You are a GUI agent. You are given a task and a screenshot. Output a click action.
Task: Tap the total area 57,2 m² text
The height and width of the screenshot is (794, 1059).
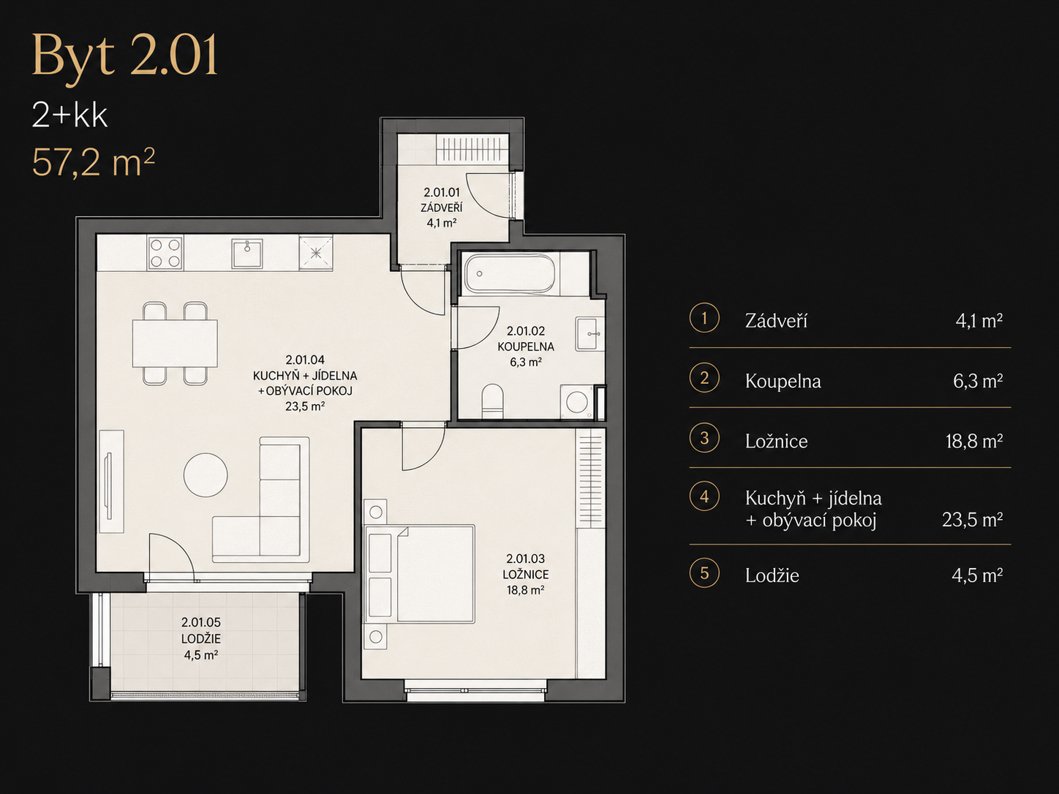point(93,162)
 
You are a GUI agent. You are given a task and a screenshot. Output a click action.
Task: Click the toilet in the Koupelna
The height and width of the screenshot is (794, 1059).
point(493,401)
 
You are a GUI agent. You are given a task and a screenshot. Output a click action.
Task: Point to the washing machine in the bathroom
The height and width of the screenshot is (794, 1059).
point(576,401)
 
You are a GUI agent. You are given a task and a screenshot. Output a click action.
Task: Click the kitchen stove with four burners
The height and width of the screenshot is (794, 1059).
point(165,252)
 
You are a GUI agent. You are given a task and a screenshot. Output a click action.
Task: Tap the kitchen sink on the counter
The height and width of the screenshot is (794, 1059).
point(247,253)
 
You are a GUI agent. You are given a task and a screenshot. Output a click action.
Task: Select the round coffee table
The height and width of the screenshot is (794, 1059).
point(206,474)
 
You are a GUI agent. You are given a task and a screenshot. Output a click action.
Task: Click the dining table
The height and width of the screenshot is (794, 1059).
point(175,343)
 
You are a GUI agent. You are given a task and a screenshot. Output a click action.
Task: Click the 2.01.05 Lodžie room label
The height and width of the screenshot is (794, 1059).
point(201,638)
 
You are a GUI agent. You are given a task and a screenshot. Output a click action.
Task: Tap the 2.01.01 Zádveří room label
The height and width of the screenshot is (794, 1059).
point(442,208)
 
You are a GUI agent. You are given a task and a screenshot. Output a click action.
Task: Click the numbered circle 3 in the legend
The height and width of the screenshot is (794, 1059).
point(704,438)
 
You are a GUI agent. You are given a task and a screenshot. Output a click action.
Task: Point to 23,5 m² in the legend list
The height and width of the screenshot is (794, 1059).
point(972,520)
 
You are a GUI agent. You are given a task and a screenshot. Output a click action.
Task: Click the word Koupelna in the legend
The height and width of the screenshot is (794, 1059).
point(783,382)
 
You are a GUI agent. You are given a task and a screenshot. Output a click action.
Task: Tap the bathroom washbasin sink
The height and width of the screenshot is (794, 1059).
point(589,333)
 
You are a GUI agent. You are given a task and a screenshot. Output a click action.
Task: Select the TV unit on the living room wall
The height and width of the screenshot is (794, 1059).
point(111,481)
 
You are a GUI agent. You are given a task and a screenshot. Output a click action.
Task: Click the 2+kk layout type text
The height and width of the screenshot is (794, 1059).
point(69,116)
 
